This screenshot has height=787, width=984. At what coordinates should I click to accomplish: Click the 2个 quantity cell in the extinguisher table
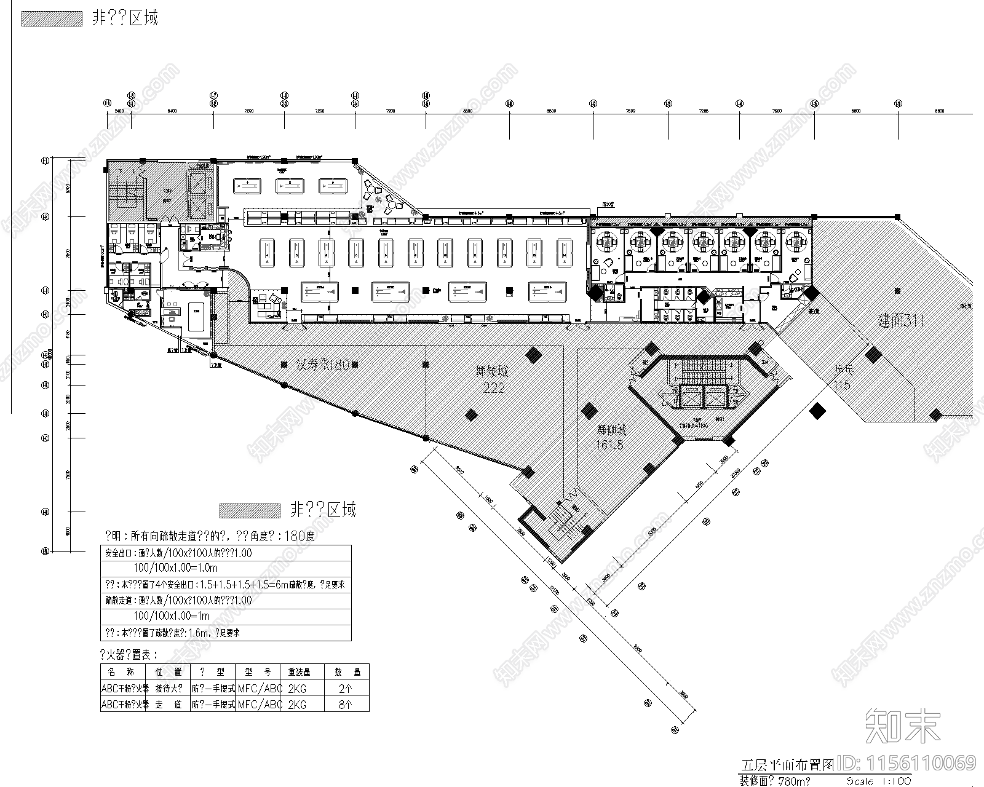(x=345, y=689)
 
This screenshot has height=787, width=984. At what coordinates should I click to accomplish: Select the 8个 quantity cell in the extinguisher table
(x=345, y=705)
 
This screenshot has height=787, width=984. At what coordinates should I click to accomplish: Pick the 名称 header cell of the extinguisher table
(x=123, y=672)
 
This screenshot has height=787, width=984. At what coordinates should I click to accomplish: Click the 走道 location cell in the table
(x=168, y=705)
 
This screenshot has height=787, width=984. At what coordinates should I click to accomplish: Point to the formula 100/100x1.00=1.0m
(x=176, y=568)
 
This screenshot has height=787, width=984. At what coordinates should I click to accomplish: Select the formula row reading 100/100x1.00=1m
(x=172, y=616)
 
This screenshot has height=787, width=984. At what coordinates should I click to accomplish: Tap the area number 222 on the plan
(x=494, y=388)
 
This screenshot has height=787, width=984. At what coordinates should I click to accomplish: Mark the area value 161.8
(x=609, y=445)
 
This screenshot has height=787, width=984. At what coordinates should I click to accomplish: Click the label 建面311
(x=901, y=321)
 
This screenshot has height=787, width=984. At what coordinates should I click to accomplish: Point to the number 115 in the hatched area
(x=842, y=386)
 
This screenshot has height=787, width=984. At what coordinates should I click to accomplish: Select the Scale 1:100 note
(x=879, y=781)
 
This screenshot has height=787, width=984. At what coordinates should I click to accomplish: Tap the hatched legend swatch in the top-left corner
(x=52, y=18)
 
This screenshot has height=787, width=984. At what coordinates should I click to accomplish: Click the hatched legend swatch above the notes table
(x=249, y=510)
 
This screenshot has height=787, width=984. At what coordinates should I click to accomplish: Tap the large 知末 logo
(x=903, y=726)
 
